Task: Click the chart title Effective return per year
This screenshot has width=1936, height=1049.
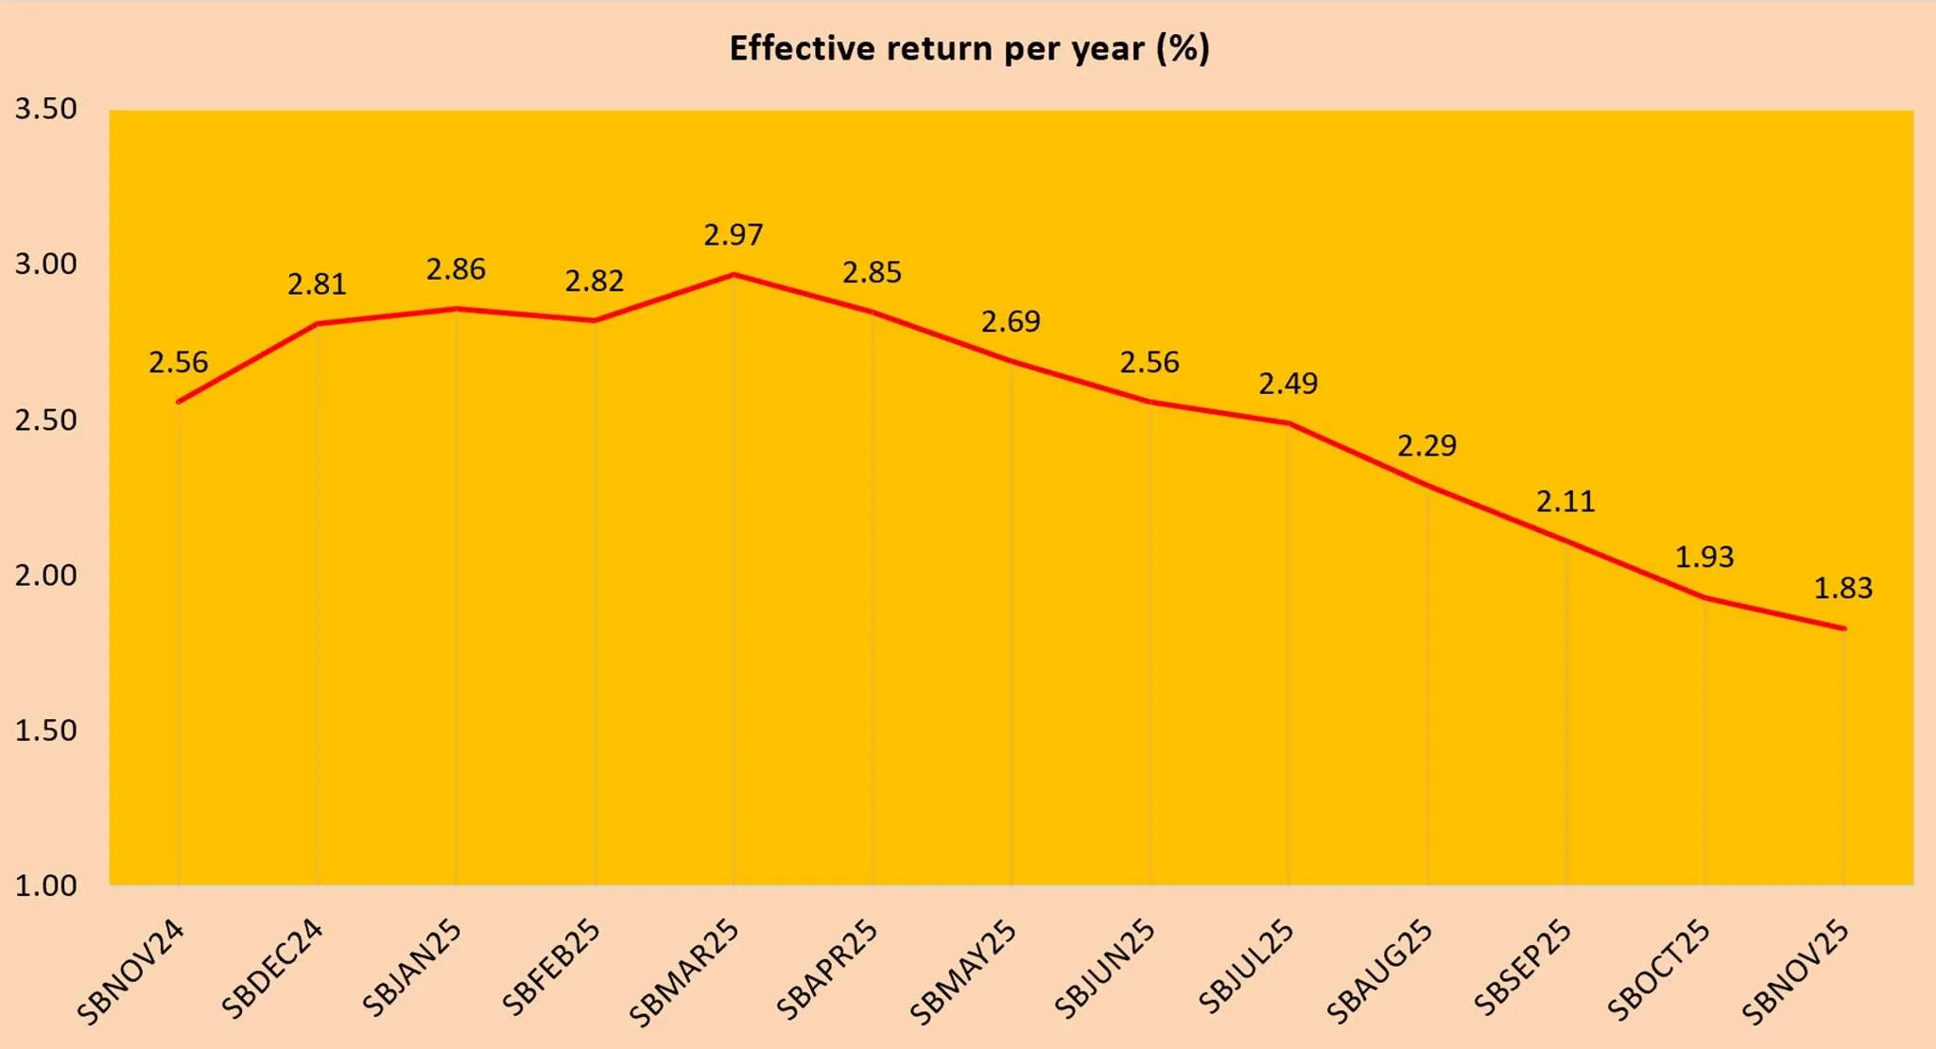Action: click(x=969, y=48)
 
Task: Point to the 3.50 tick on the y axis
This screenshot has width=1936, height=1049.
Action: click(x=45, y=110)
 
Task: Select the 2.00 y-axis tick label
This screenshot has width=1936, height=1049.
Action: click(x=45, y=576)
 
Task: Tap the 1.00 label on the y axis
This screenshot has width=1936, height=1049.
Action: click(x=45, y=886)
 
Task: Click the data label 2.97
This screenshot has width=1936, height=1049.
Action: click(x=733, y=235)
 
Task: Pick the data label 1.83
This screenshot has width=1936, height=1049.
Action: click(x=1842, y=589)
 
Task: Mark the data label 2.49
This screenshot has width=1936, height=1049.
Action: click(x=1288, y=384)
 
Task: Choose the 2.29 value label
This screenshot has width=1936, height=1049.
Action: click(x=1426, y=446)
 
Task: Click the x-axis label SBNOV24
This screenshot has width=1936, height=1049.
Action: click(x=131, y=972)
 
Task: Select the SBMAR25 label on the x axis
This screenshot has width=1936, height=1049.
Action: click(x=684, y=973)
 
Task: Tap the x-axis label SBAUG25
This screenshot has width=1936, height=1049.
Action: click(x=1379, y=972)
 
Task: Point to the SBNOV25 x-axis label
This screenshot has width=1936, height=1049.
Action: click(x=1795, y=972)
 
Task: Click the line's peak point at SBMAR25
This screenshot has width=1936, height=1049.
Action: click(x=734, y=275)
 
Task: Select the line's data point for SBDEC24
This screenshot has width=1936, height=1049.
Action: click(x=318, y=324)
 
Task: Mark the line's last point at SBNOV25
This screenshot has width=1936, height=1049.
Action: click(x=1843, y=628)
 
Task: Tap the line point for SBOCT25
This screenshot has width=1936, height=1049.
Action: click(x=1704, y=597)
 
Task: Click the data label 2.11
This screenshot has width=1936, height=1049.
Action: click(x=1565, y=502)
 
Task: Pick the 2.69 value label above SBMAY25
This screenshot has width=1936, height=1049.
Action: click(x=1011, y=322)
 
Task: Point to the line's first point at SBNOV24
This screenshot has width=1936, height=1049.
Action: click(x=179, y=402)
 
